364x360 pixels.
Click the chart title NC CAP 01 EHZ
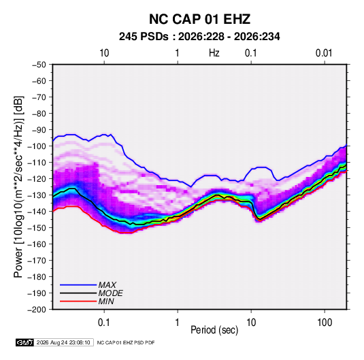pos(199,19)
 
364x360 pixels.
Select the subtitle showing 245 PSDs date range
pos(199,37)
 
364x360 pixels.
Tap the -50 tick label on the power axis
pos(39,65)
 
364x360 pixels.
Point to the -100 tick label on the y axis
pos(37,146)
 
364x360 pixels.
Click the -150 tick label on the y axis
pos(37,228)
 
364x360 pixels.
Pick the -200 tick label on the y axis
pos(37,310)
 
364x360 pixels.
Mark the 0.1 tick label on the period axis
pos(104,323)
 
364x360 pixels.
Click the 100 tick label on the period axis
pos(325,323)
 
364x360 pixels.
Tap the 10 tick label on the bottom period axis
pos(251,323)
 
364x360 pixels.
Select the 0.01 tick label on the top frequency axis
pos(324,53)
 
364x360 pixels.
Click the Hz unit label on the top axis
pos(214,53)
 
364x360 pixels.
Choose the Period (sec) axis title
pos(214,330)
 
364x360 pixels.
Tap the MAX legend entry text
pos(107,285)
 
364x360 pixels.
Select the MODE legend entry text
pos(110,293)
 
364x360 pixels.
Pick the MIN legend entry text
pos(106,301)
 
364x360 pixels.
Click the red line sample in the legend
pos(78,301)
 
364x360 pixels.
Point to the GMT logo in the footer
pos(24,342)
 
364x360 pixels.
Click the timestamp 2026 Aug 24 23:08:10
pos(63,342)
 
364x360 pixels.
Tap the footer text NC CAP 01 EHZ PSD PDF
pos(126,342)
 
